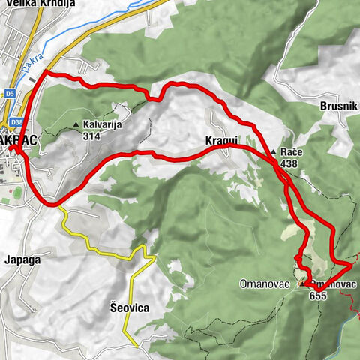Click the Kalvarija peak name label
point(105,125)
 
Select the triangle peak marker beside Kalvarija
point(76,125)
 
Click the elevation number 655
point(317,295)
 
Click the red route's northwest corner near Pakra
point(46,72)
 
